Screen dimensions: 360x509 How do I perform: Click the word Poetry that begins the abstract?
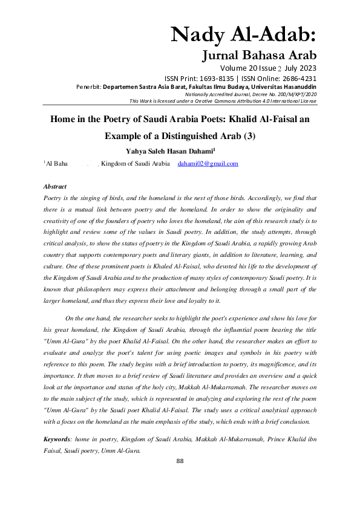(55, 198)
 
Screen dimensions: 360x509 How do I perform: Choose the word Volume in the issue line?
(237, 68)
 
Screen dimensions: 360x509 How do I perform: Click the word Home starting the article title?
(63, 119)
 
